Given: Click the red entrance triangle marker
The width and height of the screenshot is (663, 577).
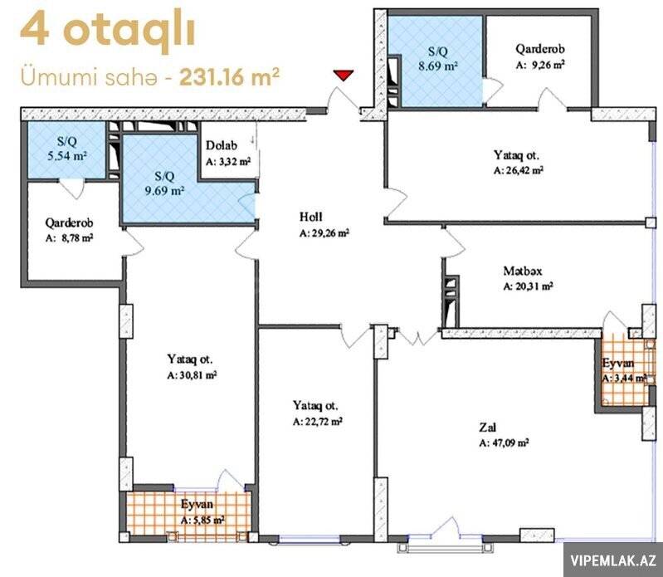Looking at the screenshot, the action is [343, 76].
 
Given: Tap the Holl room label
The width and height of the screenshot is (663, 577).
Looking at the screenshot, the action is [311, 217].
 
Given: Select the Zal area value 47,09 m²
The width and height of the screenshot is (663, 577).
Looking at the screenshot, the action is [504, 443].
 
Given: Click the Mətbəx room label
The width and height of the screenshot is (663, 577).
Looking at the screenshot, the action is [523, 271].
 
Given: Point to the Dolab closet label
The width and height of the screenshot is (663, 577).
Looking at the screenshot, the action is [222, 145].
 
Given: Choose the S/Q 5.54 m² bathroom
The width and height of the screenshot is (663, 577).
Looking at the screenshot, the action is [66, 149].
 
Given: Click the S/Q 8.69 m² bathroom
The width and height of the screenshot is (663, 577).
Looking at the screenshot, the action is [436, 61].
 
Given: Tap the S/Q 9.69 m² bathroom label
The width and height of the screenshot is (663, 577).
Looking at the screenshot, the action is [164, 183].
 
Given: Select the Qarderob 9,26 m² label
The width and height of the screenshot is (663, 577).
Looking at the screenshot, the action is [540, 56].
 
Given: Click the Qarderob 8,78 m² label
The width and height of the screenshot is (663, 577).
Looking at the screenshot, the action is [70, 230].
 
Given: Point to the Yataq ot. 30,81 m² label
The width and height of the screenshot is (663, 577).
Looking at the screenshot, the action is [192, 367].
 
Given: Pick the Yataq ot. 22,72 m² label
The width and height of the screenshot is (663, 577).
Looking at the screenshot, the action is [318, 413].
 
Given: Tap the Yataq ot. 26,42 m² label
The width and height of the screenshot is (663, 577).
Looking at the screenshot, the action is [519, 163].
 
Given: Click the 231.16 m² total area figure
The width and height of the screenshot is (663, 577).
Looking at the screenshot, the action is [229, 77].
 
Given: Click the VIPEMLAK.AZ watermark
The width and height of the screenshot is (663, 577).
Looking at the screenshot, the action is [613, 560].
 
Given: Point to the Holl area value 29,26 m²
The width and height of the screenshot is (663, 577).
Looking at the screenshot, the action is [324, 233].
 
